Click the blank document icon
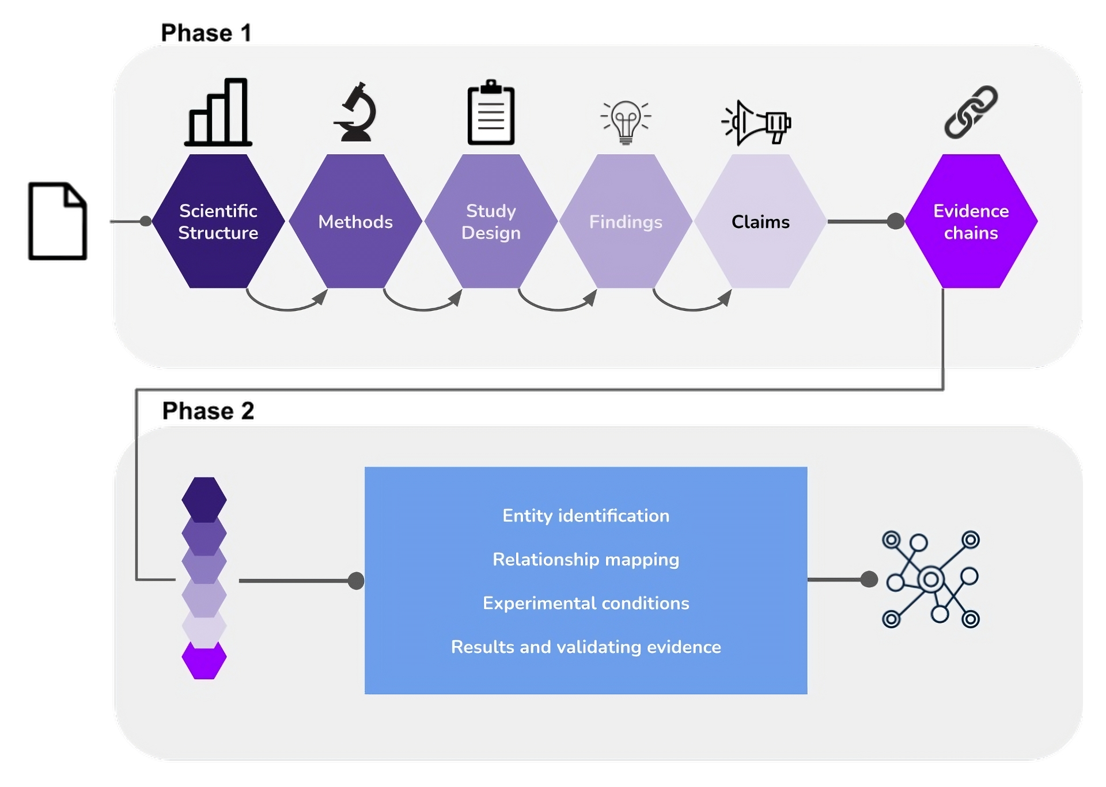point(58,221)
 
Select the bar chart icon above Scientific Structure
point(218,112)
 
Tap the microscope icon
point(355,112)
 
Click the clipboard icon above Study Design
point(491,112)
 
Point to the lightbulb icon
point(626,121)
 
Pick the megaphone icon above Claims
point(756,123)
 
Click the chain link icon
point(971,112)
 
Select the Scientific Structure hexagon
point(218,221)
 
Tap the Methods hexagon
point(355,221)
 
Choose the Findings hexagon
point(626,221)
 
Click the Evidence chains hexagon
point(971,221)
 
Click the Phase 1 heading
point(206,33)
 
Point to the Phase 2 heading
point(208,410)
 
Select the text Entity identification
point(586,516)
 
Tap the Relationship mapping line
point(586,560)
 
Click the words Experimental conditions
point(586,603)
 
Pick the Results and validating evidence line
point(586,647)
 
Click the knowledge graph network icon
point(931,579)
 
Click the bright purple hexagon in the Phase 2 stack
point(204,660)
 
